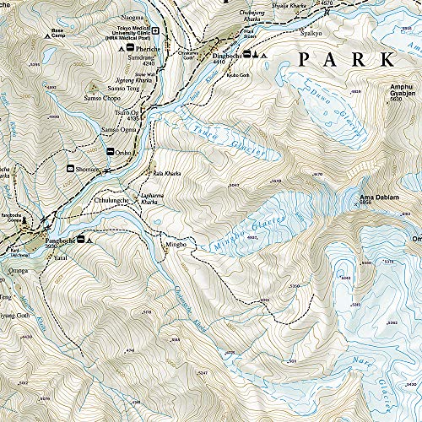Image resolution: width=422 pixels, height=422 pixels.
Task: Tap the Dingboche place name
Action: click(227, 56)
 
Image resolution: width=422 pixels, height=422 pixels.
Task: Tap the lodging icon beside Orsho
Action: click(110, 150)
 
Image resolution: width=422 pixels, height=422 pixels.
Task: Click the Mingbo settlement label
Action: click(174, 244)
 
